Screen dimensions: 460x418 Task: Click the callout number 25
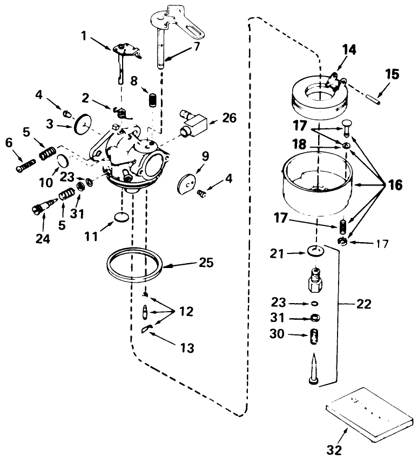tap(205, 263)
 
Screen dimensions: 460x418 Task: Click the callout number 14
tap(349, 50)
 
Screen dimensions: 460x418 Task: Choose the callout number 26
tap(230, 118)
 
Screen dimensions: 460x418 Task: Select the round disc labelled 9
tap(187, 183)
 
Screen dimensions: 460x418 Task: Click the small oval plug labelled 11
tap(123, 217)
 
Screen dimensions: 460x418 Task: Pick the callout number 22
tap(363, 304)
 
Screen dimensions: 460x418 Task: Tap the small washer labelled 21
tap(315, 250)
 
